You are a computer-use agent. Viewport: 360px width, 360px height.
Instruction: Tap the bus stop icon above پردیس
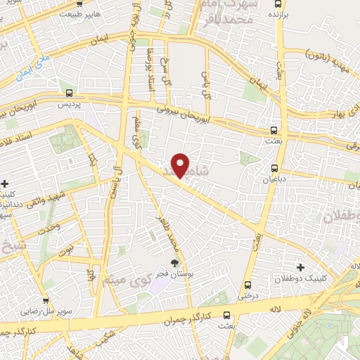click(69, 93)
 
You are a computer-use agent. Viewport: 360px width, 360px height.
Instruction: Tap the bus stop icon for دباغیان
click(274, 168)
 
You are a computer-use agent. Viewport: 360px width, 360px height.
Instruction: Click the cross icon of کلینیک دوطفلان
click(301, 267)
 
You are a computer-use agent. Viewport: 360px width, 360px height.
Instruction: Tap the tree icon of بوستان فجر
click(174, 264)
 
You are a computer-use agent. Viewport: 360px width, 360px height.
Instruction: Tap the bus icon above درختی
click(247, 285)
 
